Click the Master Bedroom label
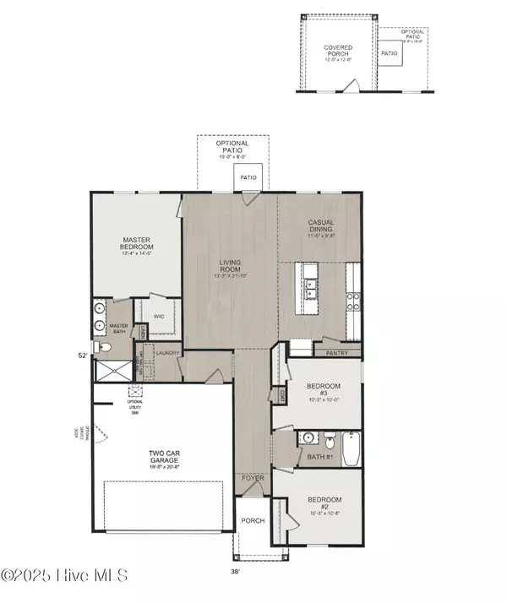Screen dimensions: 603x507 [x=135, y=246]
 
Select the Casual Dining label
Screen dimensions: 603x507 [x=319, y=227]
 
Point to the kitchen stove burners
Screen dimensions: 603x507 [x=353, y=297]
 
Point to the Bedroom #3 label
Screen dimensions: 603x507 [x=324, y=390]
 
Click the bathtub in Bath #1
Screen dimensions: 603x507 [x=352, y=448]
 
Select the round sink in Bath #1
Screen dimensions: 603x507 [x=308, y=439]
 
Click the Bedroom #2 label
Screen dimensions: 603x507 [x=324, y=504]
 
